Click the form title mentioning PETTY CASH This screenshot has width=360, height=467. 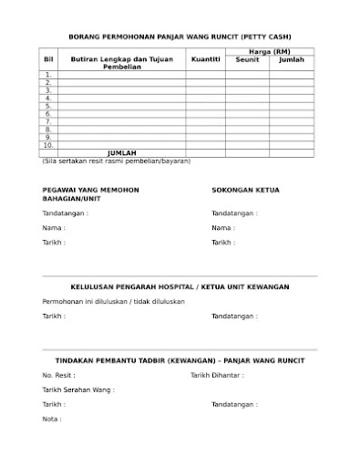180,36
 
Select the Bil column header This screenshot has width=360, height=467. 48,59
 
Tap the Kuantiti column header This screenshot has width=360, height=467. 205,59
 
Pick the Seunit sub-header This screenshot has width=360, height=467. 247,59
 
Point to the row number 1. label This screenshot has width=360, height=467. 48,74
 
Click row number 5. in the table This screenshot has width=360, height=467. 48,106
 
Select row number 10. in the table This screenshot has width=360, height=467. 48,145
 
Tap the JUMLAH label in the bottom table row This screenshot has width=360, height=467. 121,152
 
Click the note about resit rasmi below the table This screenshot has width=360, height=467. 116,161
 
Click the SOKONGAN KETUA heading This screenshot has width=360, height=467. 245,190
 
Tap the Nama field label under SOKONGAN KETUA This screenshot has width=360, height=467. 222,228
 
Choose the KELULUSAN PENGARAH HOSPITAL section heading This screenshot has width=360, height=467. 180,286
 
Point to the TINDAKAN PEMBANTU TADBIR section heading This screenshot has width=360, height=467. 180,360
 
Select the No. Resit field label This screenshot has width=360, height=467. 58,375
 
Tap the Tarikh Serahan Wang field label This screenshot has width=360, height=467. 78,389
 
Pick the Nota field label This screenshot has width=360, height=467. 52,419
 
